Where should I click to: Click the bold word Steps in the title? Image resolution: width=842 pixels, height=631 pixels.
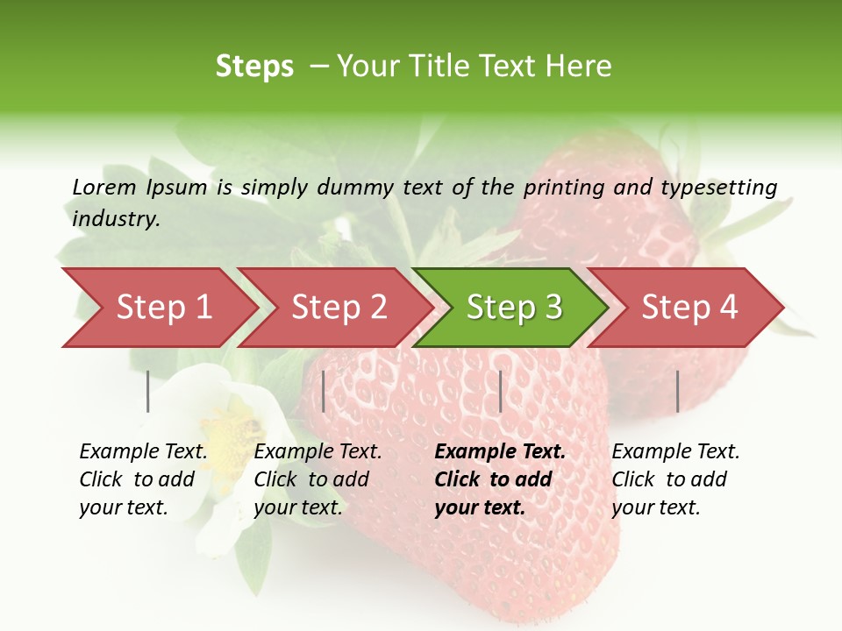tap(254, 67)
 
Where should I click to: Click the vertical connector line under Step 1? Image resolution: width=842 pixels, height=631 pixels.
tap(148, 391)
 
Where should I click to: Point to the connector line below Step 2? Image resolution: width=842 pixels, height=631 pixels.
tap(324, 391)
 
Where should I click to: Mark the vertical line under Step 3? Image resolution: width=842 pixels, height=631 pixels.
tap(500, 391)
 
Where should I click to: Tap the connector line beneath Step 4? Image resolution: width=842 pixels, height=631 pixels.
tap(677, 391)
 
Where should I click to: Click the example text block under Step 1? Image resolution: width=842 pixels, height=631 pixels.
tap(143, 479)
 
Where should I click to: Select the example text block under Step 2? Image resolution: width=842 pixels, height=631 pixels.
tap(318, 479)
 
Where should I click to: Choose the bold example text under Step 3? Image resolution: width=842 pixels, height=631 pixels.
tap(500, 479)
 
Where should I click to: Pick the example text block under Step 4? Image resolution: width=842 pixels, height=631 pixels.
tap(675, 479)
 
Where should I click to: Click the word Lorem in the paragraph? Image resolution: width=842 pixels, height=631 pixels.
tap(104, 187)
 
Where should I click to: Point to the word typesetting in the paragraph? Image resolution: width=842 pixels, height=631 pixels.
tap(718, 187)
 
